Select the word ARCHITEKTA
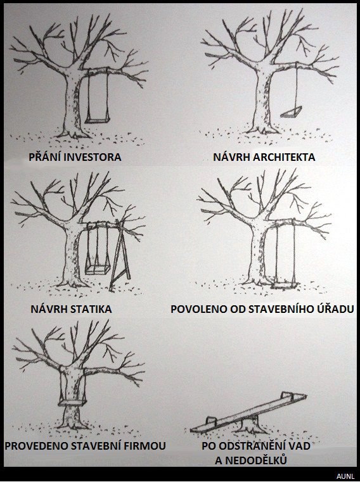tap(283, 157)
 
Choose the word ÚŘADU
tap(335, 308)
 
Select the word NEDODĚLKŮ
tap(255, 460)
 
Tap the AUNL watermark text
tap(345, 476)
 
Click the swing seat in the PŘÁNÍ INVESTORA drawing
tap(97, 120)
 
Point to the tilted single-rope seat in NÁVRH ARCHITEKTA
tap(291, 112)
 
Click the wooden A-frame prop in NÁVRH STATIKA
tap(120, 255)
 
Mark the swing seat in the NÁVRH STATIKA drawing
tap(98, 270)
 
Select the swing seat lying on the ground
tap(284, 286)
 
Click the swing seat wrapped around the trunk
tap(73, 402)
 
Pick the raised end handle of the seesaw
tap(286, 395)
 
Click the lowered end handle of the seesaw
tap(211, 421)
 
